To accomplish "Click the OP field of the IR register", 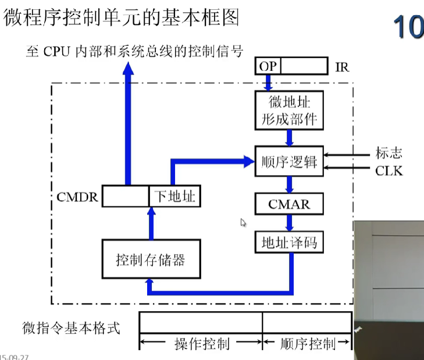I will point(268,66).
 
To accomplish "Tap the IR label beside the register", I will point(342,67).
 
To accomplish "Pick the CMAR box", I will point(289,204).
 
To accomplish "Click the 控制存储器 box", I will point(151,259).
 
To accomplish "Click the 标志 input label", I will point(389,154).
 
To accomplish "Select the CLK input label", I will point(389,171).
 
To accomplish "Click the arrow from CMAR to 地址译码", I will point(289,223).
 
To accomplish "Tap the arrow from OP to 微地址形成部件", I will point(268,83).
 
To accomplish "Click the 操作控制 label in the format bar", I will point(202,344).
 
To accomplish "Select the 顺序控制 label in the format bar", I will point(307,344).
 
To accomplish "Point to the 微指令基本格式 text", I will point(71,328).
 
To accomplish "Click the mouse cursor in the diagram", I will point(243,222).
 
